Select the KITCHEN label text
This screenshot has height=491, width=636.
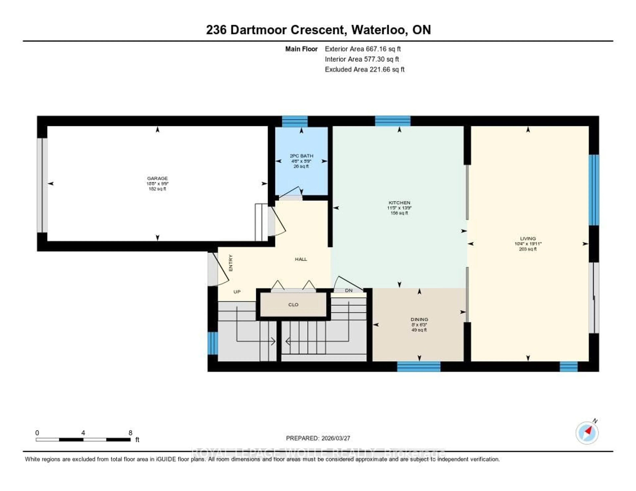click(x=399, y=203)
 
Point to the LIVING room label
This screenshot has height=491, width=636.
click(x=528, y=238)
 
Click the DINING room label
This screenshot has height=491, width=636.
click(x=419, y=319)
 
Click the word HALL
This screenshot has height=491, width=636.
click(x=301, y=259)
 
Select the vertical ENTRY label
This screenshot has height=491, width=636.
click(x=231, y=263)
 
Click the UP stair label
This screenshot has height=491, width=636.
click(x=237, y=292)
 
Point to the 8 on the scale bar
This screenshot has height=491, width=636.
click(x=131, y=433)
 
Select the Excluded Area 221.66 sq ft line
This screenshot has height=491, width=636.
click(x=365, y=69)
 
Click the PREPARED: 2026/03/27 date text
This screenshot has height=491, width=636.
click(x=318, y=438)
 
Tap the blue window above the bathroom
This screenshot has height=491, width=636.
click(x=295, y=121)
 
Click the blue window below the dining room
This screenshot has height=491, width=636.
click(x=419, y=367)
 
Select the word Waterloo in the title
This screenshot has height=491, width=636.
click(x=379, y=30)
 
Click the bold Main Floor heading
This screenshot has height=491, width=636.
click(x=301, y=49)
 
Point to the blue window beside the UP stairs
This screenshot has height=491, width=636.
click(x=213, y=343)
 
